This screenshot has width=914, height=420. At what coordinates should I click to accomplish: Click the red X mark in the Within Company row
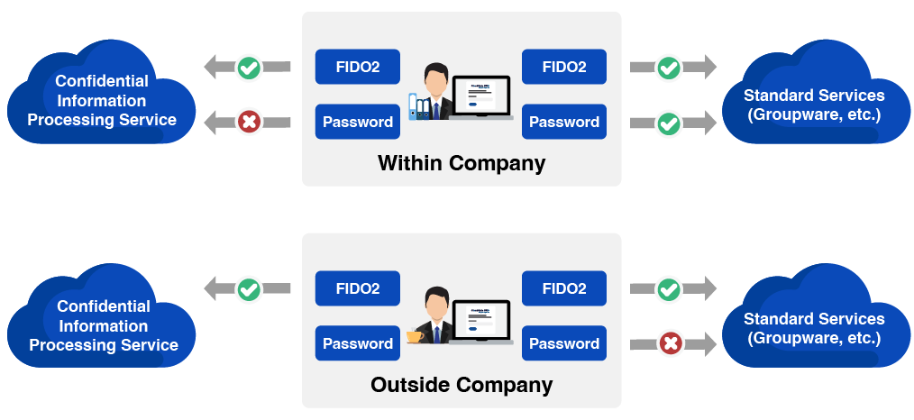point(249,122)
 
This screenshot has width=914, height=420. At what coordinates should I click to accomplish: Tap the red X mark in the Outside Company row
point(670,343)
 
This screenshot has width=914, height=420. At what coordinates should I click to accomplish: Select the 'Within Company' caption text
point(461,163)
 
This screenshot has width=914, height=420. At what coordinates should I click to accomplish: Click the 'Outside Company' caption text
point(461,385)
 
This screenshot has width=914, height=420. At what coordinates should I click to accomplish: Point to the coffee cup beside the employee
point(415,336)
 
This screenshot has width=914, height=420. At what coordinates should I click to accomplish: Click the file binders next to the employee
point(419,106)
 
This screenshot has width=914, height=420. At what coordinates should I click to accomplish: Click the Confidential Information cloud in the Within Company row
point(101,100)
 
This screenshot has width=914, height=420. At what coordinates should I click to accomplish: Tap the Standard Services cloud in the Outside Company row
point(813,327)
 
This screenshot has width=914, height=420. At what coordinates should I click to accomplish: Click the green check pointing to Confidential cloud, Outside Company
point(249,289)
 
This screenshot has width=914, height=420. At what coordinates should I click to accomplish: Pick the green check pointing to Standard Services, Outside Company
point(668,289)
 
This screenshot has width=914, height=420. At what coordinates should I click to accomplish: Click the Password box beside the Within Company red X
point(357,122)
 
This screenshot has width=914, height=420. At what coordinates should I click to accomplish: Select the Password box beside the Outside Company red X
point(563,343)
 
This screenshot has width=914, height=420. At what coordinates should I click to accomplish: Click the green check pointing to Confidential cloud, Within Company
point(249,67)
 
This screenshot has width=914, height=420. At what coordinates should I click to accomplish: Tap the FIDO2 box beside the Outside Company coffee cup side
point(357,288)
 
